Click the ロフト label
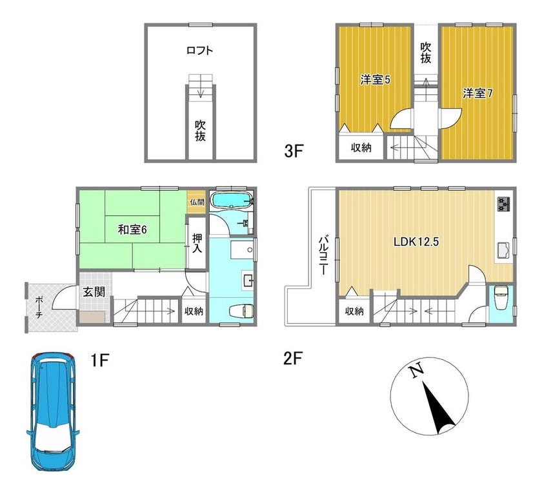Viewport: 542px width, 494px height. tap(200, 50)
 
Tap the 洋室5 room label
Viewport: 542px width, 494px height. tap(375, 80)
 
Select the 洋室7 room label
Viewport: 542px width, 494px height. tap(477, 94)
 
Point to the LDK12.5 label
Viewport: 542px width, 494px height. tap(416, 241)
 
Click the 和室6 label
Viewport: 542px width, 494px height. tap(132, 230)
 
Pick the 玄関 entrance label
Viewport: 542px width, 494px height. tap(94, 292)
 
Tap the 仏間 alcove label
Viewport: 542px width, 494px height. tap(197, 202)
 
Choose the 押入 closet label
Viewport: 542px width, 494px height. tap(197, 243)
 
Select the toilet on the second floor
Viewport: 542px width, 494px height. tap(501, 298)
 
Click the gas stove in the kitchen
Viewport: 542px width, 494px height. tap(504, 204)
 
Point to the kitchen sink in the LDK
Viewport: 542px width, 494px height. tap(503, 250)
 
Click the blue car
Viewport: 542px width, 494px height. tap(53, 411)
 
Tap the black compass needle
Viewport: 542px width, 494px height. tap(438, 408)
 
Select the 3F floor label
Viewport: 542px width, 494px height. tap(294, 151)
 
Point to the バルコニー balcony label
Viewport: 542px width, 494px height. tap(324, 255)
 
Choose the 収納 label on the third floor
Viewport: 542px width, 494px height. tap(361, 148)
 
